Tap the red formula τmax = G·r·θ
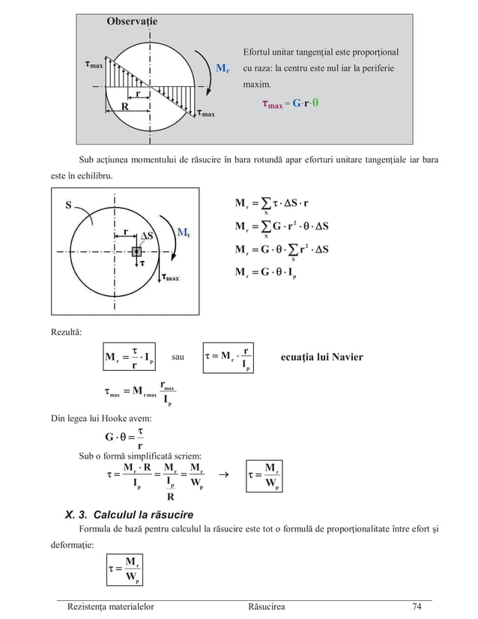tap(288, 105)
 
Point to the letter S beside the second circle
tap(69, 205)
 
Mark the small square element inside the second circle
tap(136, 252)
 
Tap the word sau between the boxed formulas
tap(178, 357)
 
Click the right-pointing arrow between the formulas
tap(223, 474)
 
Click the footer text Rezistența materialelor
tap(110, 607)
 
